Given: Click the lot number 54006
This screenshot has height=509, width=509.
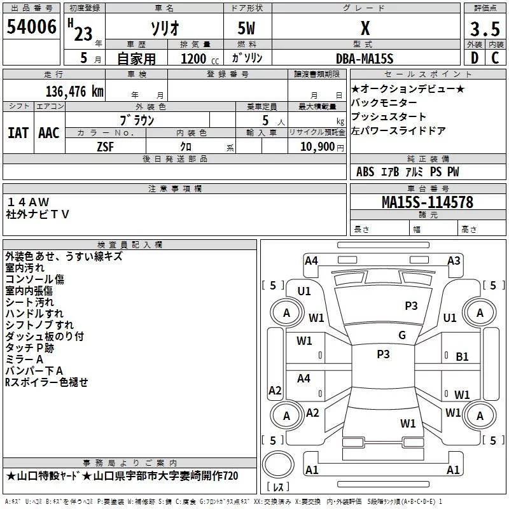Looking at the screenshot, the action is pos(32,27).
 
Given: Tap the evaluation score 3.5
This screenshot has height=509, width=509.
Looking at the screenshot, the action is pos(485,29).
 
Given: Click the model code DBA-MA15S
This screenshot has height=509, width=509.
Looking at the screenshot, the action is pos(364,59).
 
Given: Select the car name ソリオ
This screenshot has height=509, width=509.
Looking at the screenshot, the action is pos(164,29).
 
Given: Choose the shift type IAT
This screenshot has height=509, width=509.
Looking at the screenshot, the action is pos(18,132).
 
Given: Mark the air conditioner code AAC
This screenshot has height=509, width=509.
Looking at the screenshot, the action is pos(49,132).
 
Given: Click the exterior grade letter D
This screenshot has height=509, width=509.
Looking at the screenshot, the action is pos(474,58).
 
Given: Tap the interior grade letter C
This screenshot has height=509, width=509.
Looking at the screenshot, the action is pos(495,58).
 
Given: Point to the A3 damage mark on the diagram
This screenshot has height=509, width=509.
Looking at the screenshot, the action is pos(454,260).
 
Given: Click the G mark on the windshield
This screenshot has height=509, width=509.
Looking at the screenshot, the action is pos(401,335).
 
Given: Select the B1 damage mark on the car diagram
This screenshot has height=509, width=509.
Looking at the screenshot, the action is pos(463,357).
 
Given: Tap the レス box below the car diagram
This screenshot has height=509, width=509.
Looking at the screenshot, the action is pos(278,487).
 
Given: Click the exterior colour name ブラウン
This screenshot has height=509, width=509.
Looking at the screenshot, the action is pos(137,120).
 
